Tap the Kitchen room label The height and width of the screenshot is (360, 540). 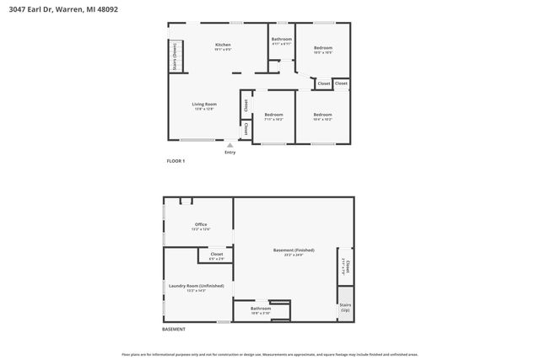click(x=223, y=46)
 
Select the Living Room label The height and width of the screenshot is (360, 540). click(x=204, y=106)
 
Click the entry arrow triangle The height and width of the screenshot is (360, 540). click(x=229, y=145)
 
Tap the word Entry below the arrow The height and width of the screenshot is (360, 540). click(x=229, y=153)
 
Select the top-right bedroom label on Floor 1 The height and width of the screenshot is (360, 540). click(x=323, y=50)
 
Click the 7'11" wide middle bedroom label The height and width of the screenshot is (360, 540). click(x=273, y=116)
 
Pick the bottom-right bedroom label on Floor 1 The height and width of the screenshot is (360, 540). click(x=322, y=116)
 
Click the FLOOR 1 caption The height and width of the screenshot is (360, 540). click(x=175, y=160)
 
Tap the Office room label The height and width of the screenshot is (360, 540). click(x=201, y=226)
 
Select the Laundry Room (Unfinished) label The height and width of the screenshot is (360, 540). click(x=196, y=287)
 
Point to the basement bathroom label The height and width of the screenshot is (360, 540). click(x=261, y=310)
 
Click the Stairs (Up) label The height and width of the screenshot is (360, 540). click(x=344, y=308)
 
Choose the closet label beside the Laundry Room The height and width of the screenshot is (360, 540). click(x=217, y=255)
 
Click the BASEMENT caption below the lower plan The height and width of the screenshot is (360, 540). click(x=174, y=329)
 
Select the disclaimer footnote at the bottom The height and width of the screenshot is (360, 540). click(x=269, y=354)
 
